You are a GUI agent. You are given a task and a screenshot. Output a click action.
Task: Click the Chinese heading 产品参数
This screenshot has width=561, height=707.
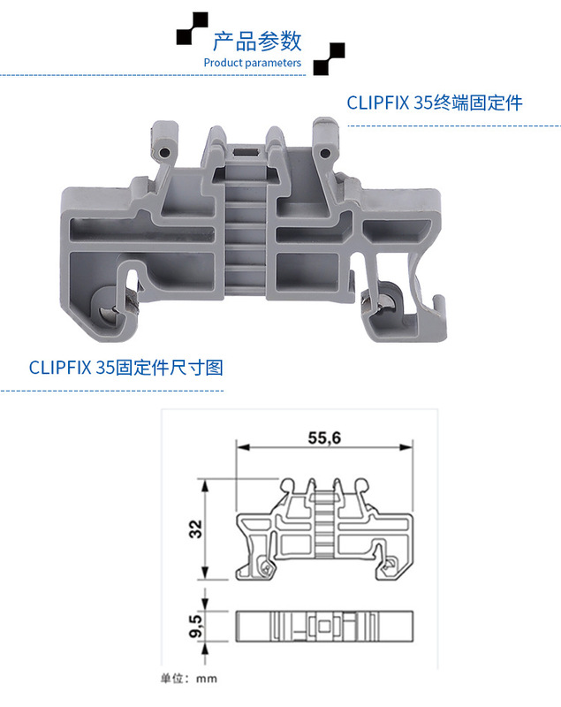257,41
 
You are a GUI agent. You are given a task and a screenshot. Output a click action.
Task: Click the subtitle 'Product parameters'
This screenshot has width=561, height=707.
252,63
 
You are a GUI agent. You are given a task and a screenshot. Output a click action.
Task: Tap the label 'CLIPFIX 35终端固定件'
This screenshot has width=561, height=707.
434,103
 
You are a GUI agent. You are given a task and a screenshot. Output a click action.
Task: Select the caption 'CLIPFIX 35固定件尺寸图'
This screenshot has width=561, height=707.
126,366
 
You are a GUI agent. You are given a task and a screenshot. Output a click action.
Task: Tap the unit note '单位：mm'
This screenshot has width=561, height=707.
187,679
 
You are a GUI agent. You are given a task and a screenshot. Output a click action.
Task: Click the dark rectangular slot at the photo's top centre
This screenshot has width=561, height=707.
246,155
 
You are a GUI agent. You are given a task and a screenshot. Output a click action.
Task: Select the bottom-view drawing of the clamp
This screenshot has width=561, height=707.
324,627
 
